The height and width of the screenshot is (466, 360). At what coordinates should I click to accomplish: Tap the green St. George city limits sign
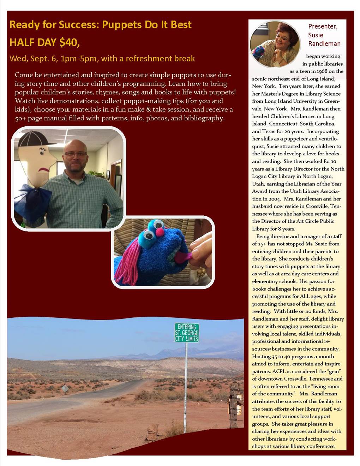pos(187,333)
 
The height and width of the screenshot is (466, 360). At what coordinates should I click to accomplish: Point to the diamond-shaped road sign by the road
pos(65,389)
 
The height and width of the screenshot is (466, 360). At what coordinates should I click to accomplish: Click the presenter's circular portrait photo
pos(274,44)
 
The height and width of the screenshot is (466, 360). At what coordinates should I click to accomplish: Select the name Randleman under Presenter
pos(324,44)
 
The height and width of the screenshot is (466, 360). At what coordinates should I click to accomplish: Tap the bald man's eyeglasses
pos(75,154)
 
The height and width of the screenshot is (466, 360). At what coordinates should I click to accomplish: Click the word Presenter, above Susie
pos(323,26)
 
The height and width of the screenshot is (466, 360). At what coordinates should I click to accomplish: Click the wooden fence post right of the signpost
pos(234,406)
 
